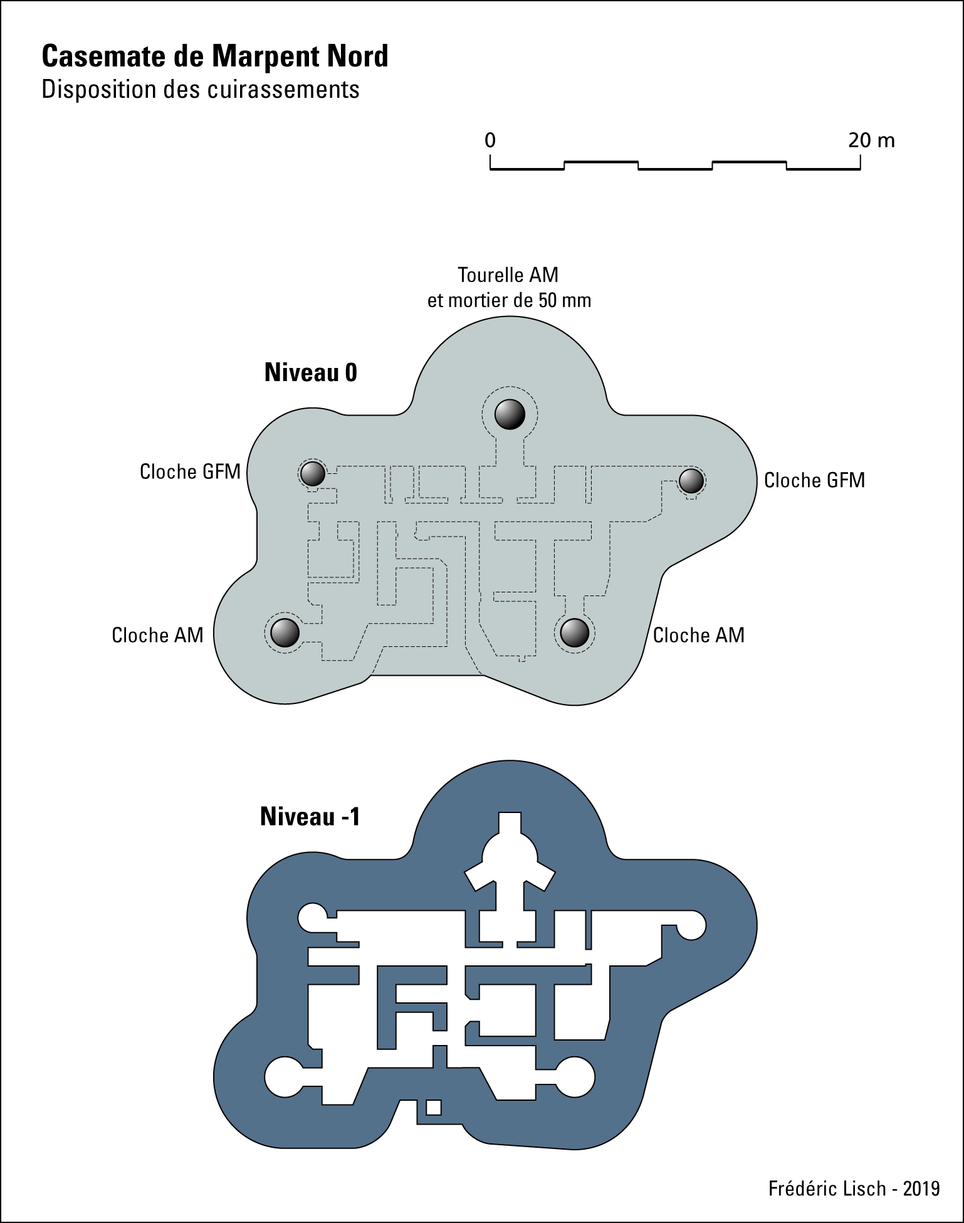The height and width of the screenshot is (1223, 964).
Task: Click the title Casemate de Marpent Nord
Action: (x=215, y=56)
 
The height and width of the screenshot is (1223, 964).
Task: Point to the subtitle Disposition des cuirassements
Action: (x=201, y=90)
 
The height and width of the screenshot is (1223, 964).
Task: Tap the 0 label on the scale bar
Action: (x=490, y=140)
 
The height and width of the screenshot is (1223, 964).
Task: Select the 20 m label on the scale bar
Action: (x=871, y=140)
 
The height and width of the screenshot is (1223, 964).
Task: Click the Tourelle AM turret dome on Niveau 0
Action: (x=510, y=414)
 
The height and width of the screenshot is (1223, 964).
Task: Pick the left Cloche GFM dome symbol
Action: (x=313, y=473)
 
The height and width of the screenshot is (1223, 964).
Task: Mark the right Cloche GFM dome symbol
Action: (x=691, y=481)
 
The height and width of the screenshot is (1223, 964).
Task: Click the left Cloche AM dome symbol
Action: (x=285, y=632)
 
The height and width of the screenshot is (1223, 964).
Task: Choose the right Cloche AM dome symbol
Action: (x=574, y=632)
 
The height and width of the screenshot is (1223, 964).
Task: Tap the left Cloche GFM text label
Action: (x=190, y=472)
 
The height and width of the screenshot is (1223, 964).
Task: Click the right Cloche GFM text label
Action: (x=814, y=481)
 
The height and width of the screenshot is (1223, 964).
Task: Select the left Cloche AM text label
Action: (x=157, y=636)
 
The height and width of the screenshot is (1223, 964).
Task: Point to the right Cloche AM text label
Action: (x=699, y=636)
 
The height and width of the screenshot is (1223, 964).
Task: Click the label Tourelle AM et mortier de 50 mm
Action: (x=509, y=288)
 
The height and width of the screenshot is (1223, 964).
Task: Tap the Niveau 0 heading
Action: (x=310, y=373)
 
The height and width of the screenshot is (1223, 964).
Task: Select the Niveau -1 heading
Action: (x=310, y=817)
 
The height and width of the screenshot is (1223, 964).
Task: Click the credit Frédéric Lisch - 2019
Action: (x=854, y=1189)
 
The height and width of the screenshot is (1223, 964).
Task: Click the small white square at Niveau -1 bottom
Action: (x=433, y=1108)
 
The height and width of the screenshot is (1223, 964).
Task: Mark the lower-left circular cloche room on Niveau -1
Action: (x=285, y=1077)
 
